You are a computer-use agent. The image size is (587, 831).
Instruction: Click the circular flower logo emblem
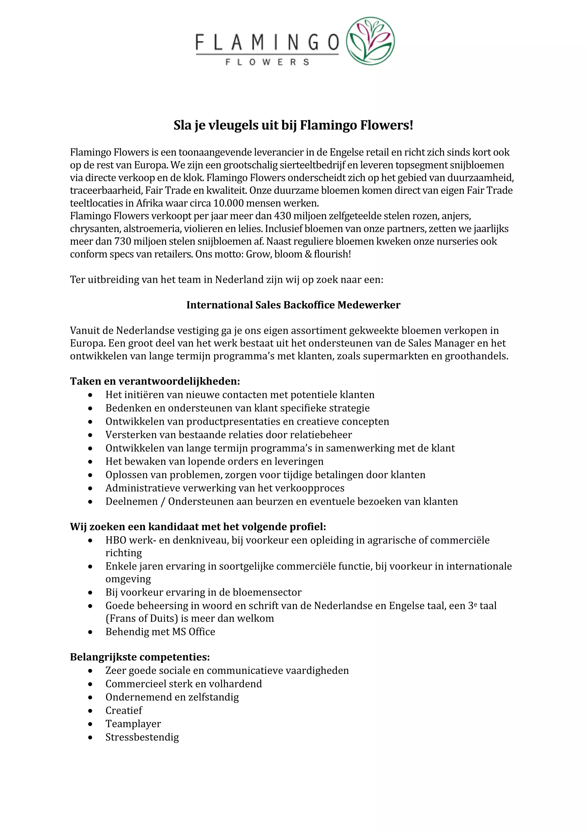coord(370,41)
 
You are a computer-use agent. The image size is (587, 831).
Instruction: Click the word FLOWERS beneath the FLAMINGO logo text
coord(267,62)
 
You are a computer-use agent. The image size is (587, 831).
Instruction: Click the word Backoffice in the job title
coord(309,305)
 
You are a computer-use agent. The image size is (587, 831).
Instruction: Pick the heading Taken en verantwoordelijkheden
coord(155,381)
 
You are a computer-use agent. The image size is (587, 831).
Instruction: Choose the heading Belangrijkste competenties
coord(140,657)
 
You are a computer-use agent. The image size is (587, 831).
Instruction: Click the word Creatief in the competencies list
coord(124,711)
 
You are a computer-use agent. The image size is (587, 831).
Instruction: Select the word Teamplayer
coord(133,724)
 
